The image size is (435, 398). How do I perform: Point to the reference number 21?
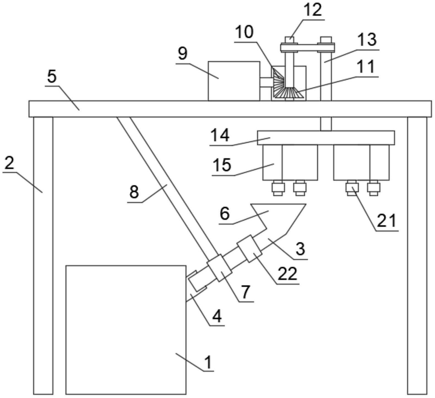(387, 220)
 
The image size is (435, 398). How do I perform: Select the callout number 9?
(183, 53)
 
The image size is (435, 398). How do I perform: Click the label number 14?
(220, 135)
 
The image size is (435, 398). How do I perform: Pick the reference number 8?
(134, 192)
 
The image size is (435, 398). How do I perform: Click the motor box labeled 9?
(234, 81)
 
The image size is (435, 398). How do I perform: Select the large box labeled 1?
(126, 330)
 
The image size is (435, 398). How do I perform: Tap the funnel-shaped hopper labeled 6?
(278, 215)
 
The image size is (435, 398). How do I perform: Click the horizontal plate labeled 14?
(326, 138)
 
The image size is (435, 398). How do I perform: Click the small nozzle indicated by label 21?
(352, 188)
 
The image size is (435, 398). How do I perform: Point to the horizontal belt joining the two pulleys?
(308, 48)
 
